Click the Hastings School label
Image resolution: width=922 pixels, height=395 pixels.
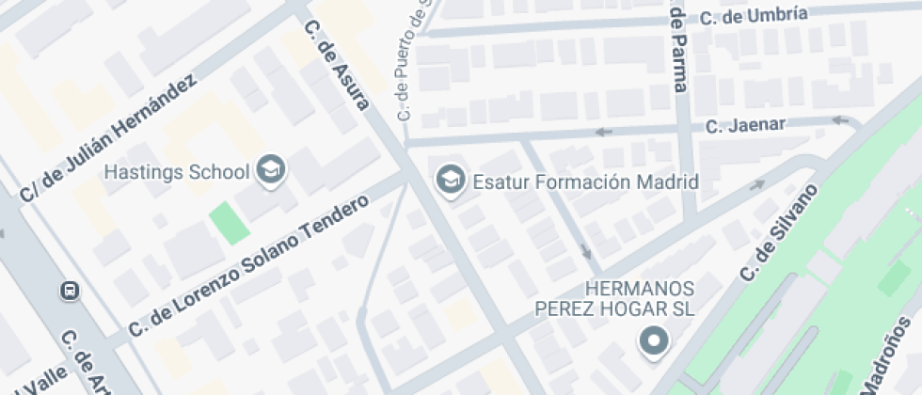coord(177,172)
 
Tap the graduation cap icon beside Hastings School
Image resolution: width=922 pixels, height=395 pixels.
coord(272,170)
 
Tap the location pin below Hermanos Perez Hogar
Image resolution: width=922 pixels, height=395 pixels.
coord(652,341)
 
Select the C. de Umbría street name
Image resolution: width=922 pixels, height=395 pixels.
coord(754,15)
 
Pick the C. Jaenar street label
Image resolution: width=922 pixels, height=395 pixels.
coord(758,124)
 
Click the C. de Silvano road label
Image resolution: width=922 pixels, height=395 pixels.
coord(780,231)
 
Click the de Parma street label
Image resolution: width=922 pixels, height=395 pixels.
coord(677,46)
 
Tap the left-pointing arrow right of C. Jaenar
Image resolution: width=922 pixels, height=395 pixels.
coord(842,119)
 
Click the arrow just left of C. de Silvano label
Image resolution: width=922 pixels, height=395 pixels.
coord(756,185)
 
